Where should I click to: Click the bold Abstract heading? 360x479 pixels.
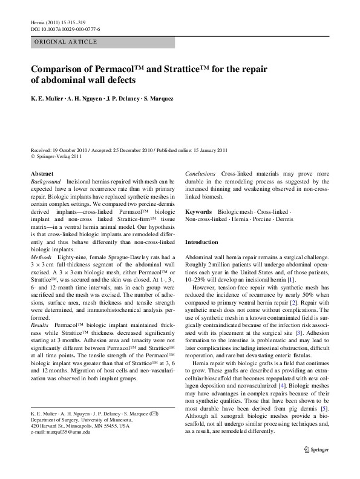(42, 173)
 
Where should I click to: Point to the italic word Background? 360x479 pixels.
(46, 182)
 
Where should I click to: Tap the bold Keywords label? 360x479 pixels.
(198, 212)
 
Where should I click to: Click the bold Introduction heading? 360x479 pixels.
(201, 242)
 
